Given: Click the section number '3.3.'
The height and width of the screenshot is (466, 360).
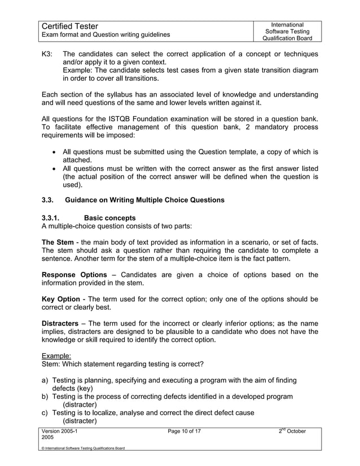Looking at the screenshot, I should pos(50,200).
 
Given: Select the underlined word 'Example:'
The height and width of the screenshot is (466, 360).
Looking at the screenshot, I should pos(57,356).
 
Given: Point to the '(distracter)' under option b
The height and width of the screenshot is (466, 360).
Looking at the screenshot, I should pos(80,405).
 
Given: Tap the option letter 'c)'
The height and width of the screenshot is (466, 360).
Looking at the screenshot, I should pos(46,412).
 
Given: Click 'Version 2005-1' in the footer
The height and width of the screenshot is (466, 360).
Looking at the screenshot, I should pos(62,432).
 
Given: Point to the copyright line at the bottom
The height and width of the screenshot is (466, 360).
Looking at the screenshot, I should pos(84,448).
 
